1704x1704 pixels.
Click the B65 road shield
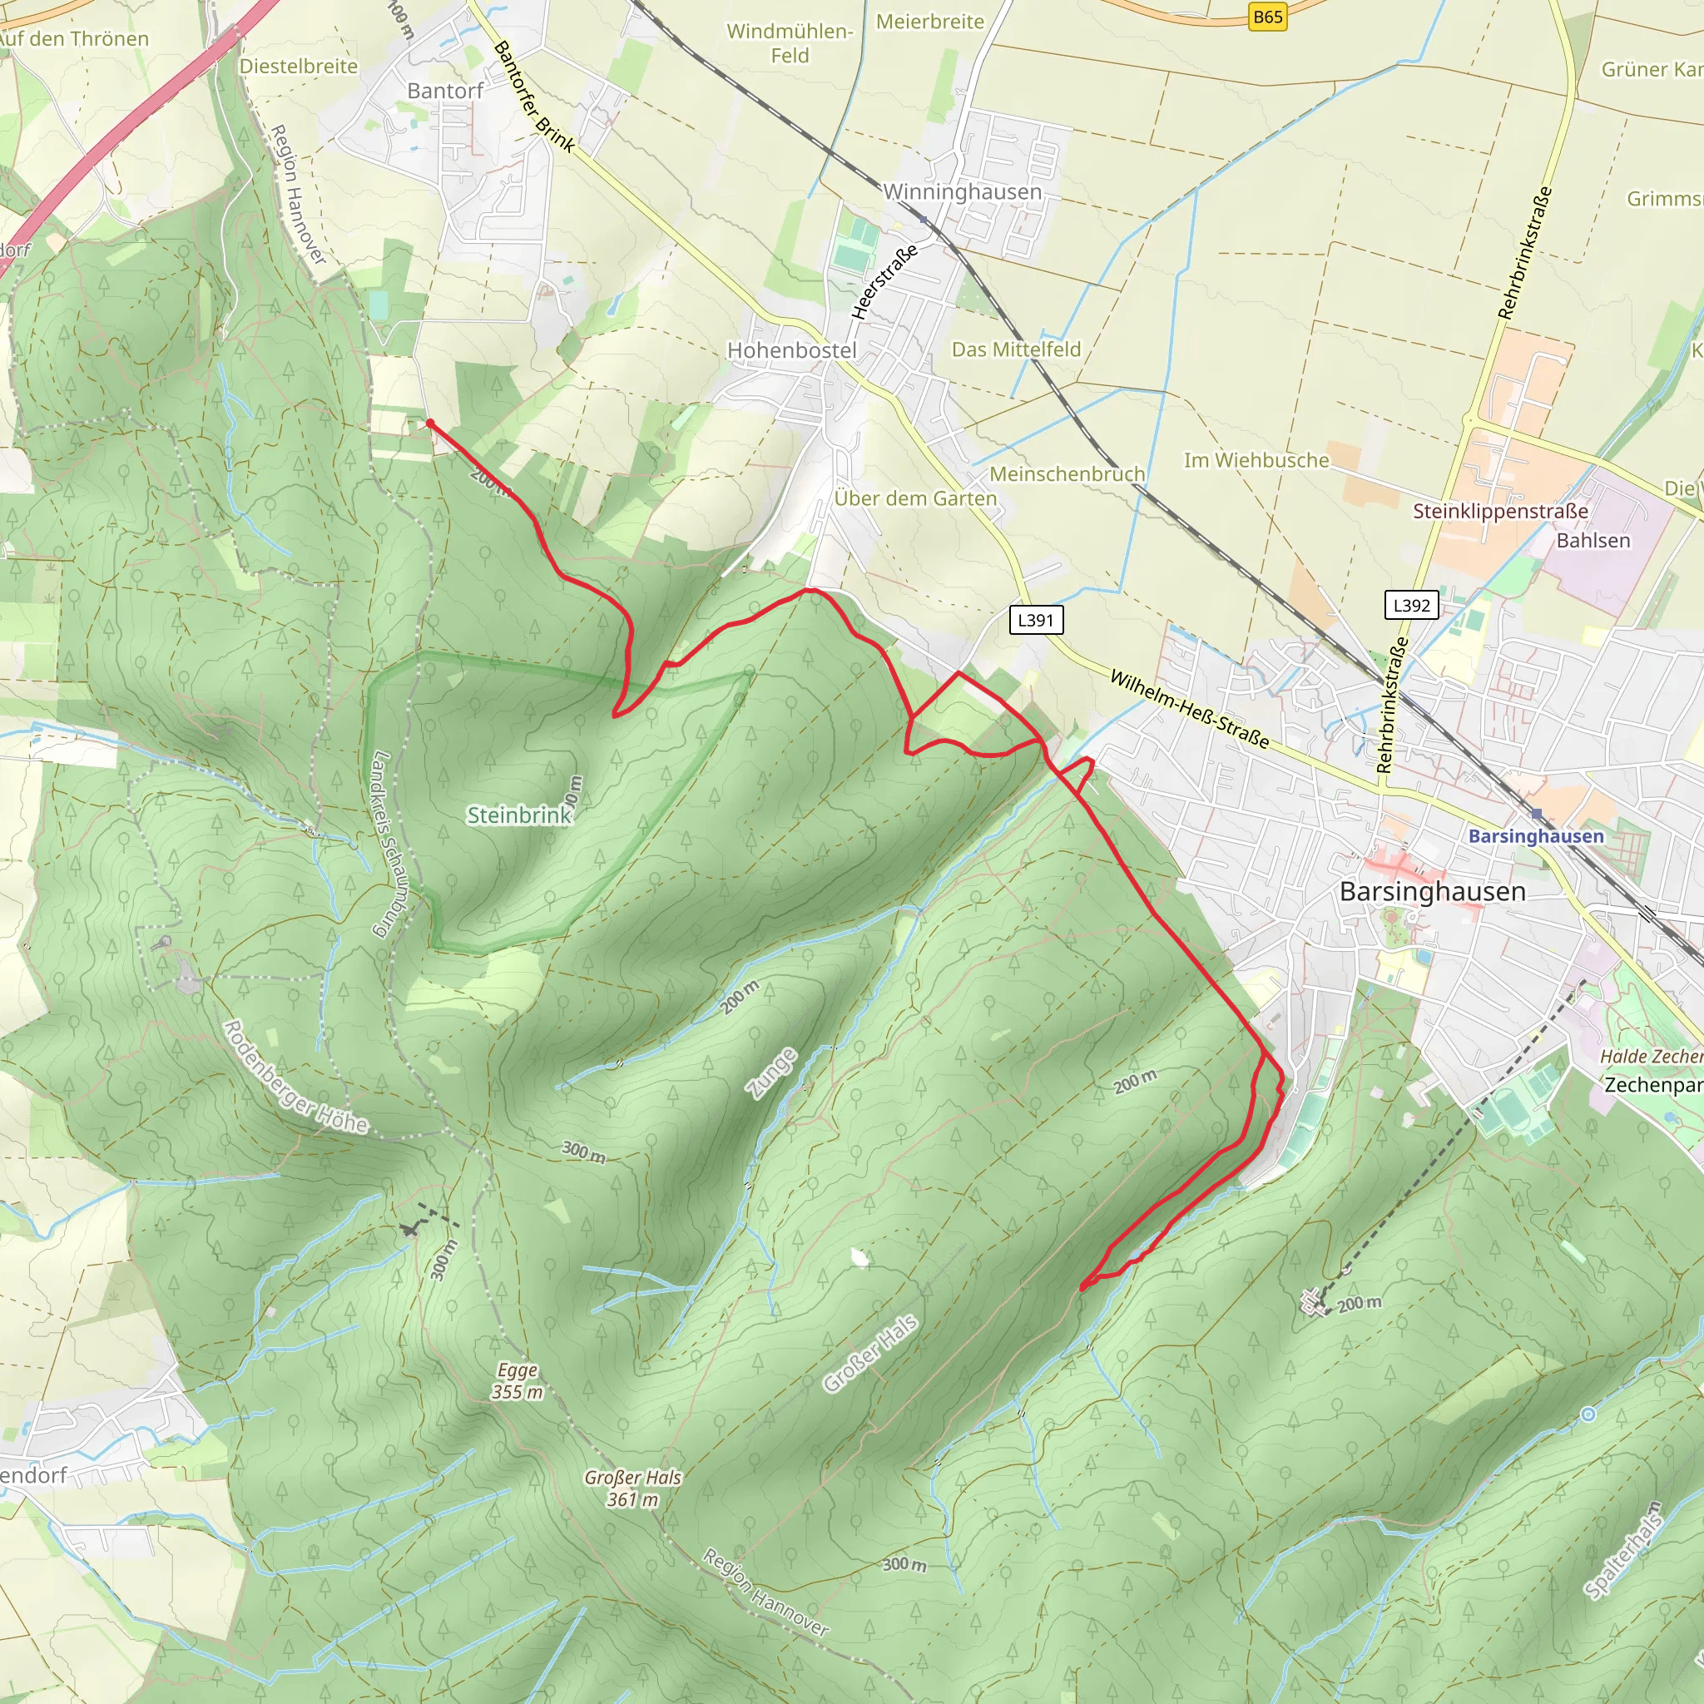click(1267, 17)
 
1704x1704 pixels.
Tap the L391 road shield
click(1035, 620)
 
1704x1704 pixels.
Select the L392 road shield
click(1411, 605)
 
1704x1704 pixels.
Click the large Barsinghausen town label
click(1433, 892)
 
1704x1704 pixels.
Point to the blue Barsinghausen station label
click(1536, 835)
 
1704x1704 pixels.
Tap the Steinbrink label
click(518, 815)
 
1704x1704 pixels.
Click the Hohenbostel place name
click(791, 350)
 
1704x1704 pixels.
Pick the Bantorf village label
click(444, 91)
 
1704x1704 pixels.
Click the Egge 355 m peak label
click(517, 1381)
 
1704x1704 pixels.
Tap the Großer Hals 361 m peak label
click(632, 1488)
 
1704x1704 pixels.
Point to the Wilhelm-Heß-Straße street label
click(1189, 709)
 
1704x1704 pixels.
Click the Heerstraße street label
click(884, 281)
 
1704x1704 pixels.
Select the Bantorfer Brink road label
click(533, 97)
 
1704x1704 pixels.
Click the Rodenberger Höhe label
click(295, 1077)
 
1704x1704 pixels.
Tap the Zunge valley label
click(773, 1073)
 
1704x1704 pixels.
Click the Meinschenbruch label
click(1067, 474)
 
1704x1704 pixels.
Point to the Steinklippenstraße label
click(1499, 512)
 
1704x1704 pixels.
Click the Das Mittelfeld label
click(1015, 349)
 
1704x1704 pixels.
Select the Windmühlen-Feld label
click(790, 43)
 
